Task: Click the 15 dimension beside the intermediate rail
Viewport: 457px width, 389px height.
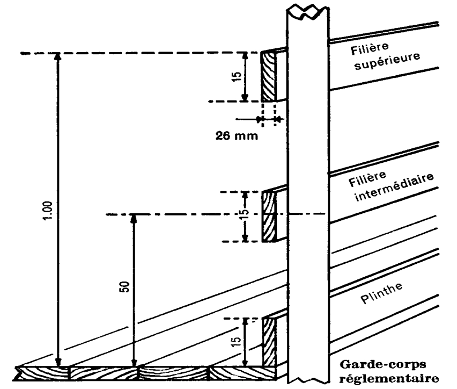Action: click(244, 214)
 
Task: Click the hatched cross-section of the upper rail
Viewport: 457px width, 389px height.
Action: click(268, 76)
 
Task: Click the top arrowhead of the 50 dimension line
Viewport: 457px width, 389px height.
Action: click(134, 220)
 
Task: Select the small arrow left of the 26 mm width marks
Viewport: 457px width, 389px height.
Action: click(252, 119)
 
